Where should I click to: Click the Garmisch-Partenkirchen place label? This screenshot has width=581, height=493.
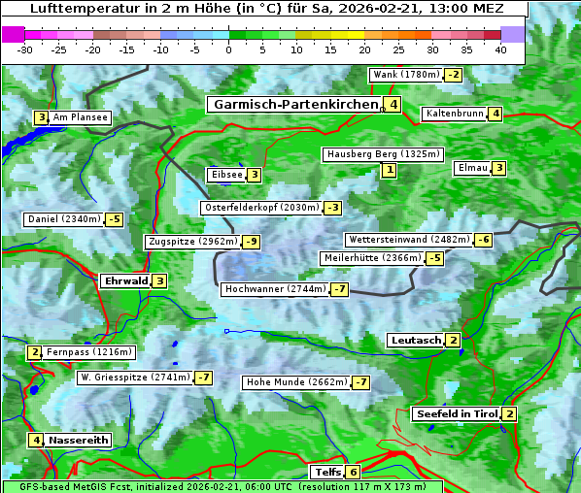pyautogui.click(x=294, y=105)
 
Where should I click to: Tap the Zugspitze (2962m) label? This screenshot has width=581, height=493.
pyautogui.click(x=191, y=242)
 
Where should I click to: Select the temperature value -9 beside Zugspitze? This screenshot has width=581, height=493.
pyautogui.click(x=251, y=242)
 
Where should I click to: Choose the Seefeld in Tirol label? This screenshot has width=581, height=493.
pyautogui.click(x=456, y=414)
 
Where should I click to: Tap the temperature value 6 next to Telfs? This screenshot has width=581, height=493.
pyautogui.click(x=353, y=473)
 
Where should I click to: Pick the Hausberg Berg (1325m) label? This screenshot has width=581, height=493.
pyautogui.click(x=383, y=154)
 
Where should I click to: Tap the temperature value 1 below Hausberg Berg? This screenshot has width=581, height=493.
pyautogui.click(x=389, y=171)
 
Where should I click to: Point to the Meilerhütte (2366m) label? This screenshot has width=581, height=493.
pyautogui.click(x=372, y=258)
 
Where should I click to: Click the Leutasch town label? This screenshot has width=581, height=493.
pyautogui.click(x=415, y=340)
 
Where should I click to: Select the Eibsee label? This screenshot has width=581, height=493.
pyautogui.click(x=225, y=175)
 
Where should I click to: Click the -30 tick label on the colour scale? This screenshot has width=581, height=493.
pyautogui.click(x=25, y=49)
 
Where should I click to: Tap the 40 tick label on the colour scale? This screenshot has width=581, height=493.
pyautogui.click(x=500, y=49)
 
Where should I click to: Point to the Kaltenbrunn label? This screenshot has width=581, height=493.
pyautogui.click(x=455, y=114)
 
